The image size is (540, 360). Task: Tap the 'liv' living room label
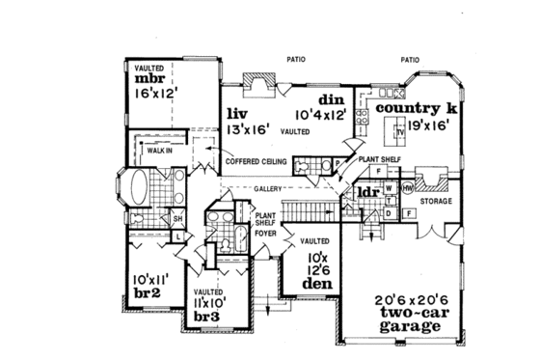click(236, 114)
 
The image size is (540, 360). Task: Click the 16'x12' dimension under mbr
click(158, 96)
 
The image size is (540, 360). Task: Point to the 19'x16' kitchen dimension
click(422, 125)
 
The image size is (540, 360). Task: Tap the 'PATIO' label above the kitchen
click(409, 60)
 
